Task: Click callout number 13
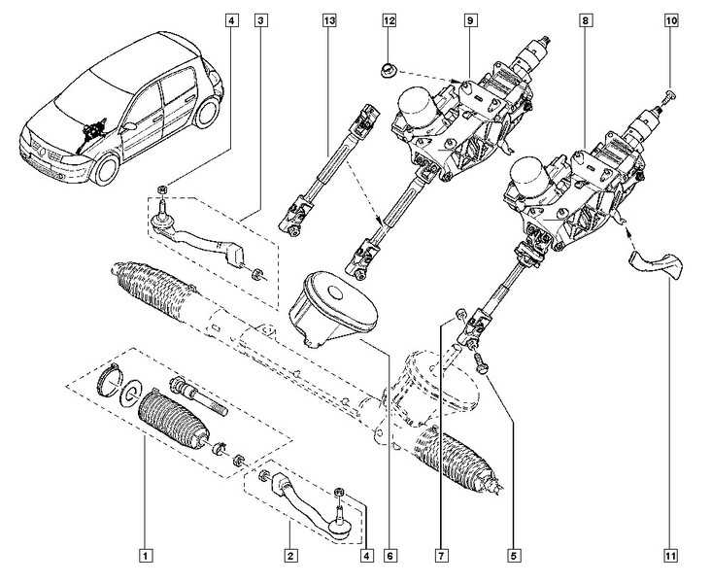tap(330, 19)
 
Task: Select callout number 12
tap(389, 19)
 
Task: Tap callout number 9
tap(469, 19)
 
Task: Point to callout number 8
tap(583, 19)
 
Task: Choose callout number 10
tap(671, 19)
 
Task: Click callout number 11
tap(671, 556)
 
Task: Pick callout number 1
tap(145, 556)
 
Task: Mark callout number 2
tap(288, 556)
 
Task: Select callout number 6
tap(389, 556)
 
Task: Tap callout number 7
tap(441, 556)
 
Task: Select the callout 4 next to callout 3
tap(230, 19)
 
